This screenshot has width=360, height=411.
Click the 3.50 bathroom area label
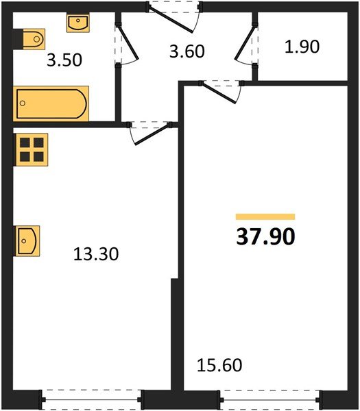click(x=64, y=60)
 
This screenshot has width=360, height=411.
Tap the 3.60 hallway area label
click(x=187, y=51)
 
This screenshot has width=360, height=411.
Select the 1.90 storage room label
click(x=302, y=47)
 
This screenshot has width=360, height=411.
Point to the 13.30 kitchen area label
click(x=96, y=254)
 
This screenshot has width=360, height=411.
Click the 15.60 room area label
click(x=219, y=365)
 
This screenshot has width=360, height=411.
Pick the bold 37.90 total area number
click(x=265, y=236)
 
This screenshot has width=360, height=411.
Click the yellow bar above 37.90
click(x=265, y=216)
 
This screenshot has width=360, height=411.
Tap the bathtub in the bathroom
click(x=51, y=103)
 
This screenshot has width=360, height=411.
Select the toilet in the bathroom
click(x=29, y=39)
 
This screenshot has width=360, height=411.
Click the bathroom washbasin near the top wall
click(x=78, y=23)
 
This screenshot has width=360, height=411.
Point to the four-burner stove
click(x=32, y=149)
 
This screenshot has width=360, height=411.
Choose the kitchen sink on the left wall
click(x=27, y=241)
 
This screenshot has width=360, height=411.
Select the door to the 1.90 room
click(x=245, y=43)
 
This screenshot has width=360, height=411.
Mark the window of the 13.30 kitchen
click(x=92, y=400)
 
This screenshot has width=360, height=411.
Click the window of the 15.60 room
click(x=270, y=400)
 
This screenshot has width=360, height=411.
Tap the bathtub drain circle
click(x=23, y=103)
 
